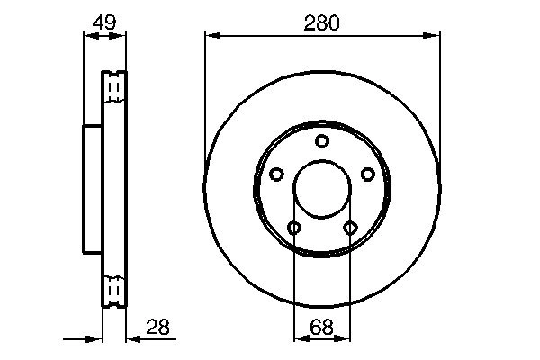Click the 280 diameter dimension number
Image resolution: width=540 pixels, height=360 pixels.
pyautogui.click(x=321, y=24)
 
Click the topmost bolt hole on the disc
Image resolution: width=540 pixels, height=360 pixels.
pyautogui.click(x=322, y=140)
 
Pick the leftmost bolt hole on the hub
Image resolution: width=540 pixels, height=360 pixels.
pyautogui.click(x=277, y=174)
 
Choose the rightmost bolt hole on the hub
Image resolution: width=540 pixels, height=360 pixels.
pyautogui.click(x=367, y=174)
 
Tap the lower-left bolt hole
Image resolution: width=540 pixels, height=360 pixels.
pyautogui.click(x=294, y=228)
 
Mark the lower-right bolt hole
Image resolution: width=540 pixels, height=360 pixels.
pyautogui.click(x=350, y=228)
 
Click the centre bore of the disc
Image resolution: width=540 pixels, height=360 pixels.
pyautogui.click(x=322, y=189)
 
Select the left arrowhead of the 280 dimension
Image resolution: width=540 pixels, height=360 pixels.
pyautogui.click(x=211, y=35)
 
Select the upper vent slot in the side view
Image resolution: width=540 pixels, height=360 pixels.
pyautogui.click(x=114, y=87)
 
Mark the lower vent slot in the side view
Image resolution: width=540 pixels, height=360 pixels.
pyautogui.click(x=114, y=290)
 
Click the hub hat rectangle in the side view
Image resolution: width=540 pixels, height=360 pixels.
pyautogui.click(x=93, y=189)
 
